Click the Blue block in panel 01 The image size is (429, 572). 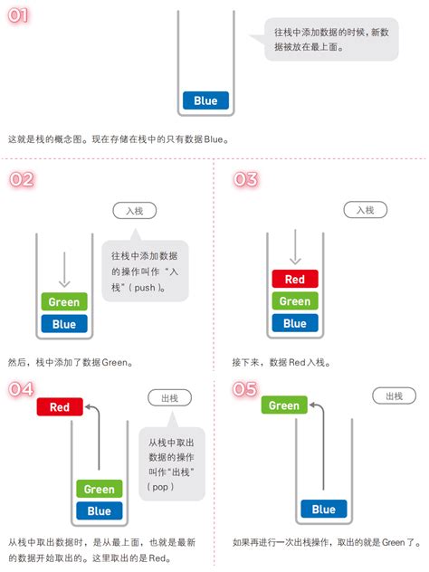point(205,100)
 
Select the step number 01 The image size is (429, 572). point(21,16)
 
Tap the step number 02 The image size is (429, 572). point(21,179)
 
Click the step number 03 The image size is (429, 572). point(245,179)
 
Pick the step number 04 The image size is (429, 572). point(21,389)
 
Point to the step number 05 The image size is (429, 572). point(245,389)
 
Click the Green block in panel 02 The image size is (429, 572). point(63,302)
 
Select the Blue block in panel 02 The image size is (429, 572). point(63,323)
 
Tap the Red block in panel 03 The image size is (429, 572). point(294,280)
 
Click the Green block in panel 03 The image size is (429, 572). point(294,301)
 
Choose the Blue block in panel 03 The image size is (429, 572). point(294,323)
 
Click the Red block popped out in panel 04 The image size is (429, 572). point(60,407)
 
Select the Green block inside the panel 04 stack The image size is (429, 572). point(100,490)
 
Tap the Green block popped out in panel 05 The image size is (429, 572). point(283,405)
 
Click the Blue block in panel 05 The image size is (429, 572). point(324,510)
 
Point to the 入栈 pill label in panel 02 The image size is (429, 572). point(135,211)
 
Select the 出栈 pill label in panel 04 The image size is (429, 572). point(169,397)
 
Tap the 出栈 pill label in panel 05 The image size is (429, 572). point(394,396)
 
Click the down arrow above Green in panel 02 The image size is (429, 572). point(63,270)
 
